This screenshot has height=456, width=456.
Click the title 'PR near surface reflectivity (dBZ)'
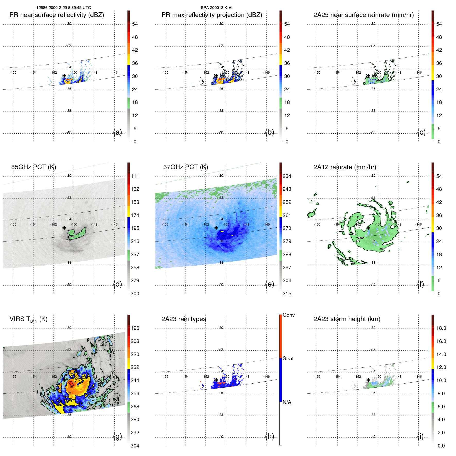click(x=57, y=15)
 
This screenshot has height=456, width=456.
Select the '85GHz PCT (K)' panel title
click(x=34, y=167)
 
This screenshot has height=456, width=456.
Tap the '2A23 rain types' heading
click(x=184, y=319)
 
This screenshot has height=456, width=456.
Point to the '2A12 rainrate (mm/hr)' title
click(x=345, y=167)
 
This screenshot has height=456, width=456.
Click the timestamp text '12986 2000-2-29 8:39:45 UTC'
click(x=64, y=8)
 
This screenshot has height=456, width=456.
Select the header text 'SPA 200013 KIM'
click(x=216, y=8)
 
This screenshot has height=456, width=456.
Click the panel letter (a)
click(x=117, y=132)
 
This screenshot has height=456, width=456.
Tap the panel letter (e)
click(x=270, y=284)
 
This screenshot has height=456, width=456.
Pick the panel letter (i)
click(x=420, y=436)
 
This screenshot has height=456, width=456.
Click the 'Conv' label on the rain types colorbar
click(x=289, y=315)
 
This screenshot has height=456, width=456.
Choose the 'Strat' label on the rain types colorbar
click(x=288, y=358)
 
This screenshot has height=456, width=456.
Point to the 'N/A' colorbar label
click(x=287, y=402)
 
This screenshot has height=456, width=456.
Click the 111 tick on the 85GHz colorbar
click(x=135, y=176)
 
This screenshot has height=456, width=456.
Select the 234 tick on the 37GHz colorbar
click(x=287, y=176)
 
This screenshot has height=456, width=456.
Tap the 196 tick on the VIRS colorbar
click(x=135, y=328)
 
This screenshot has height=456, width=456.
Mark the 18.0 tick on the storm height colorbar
click(x=441, y=328)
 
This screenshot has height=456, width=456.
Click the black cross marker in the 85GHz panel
click(x=64, y=228)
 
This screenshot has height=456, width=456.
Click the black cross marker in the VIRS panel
click(x=64, y=380)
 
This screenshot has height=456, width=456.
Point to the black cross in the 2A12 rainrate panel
click(x=368, y=228)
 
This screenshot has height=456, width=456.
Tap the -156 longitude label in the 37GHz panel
click(x=165, y=225)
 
